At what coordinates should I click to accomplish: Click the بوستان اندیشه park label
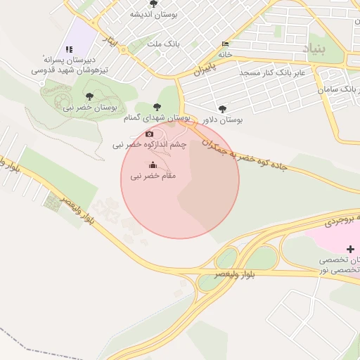[x=153, y=14]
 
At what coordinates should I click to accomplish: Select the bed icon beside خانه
[x=224, y=43]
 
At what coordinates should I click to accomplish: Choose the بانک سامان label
[x=333, y=90]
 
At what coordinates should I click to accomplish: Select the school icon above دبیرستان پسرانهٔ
[x=69, y=49]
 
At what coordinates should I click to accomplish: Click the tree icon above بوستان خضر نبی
[x=89, y=96]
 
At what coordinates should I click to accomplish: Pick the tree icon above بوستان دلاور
[x=223, y=109]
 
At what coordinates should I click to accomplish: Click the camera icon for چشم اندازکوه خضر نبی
[x=149, y=134]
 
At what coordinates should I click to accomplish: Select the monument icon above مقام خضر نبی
[x=154, y=165]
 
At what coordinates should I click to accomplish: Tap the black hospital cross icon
[x=351, y=249]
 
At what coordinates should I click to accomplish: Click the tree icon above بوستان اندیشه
[x=154, y=4]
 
